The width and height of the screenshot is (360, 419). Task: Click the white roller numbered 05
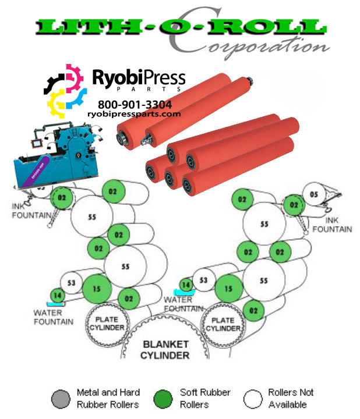(314, 195)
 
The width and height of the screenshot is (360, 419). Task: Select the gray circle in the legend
(61, 399)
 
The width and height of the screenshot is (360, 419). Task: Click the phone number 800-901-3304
(135, 105)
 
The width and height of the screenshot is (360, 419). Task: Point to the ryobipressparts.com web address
(135, 114)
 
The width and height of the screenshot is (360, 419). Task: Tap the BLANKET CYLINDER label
(166, 350)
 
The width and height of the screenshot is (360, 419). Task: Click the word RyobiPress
(139, 77)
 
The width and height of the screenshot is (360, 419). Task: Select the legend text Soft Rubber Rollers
(205, 399)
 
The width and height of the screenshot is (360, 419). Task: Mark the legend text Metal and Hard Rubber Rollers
(108, 399)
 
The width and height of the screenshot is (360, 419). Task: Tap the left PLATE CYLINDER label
(106, 324)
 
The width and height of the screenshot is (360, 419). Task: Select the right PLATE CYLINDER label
(222, 324)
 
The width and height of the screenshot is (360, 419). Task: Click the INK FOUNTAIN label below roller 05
(332, 225)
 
